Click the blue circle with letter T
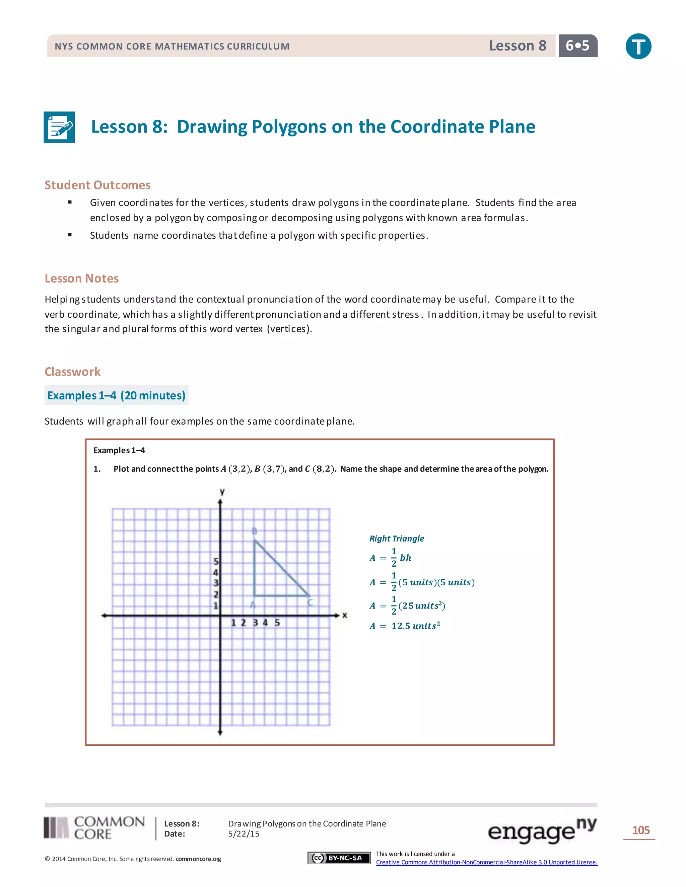tap(638, 46)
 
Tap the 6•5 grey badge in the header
tap(577, 46)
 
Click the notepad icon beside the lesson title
tap(59, 127)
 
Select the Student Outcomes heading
tap(97, 185)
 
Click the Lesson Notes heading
tap(82, 278)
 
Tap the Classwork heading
tap(73, 372)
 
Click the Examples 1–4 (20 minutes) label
tap(116, 396)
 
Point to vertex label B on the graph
tap(255, 531)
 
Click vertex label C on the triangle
tap(310, 603)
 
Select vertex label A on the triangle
tap(253, 605)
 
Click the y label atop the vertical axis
tap(222, 492)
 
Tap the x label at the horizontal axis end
tap(345, 615)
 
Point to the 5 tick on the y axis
tap(216, 561)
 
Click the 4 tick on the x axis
tap(265, 623)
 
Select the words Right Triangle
tap(397, 539)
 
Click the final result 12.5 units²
tap(415, 626)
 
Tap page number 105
tap(641, 830)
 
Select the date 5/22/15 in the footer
tap(244, 834)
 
